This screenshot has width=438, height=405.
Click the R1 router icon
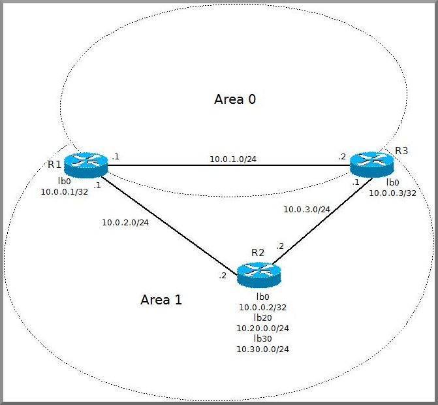(85, 165)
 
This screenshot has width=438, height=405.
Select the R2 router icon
(258, 276)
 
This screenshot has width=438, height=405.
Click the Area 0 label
(235, 99)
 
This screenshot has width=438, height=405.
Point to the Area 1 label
(161, 300)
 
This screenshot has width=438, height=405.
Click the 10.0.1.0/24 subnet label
(232, 159)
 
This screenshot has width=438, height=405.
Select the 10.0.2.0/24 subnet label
(125, 222)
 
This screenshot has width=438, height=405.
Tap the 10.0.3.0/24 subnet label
(306, 210)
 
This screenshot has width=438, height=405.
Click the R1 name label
(54, 164)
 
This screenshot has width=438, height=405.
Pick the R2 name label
(258, 253)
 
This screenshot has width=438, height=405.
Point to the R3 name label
(401, 152)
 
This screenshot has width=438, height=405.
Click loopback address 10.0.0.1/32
(63, 192)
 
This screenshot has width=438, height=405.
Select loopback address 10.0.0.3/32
(392, 193)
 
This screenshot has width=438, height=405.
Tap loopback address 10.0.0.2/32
(262, 307)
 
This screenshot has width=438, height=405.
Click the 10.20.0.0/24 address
(262, 329)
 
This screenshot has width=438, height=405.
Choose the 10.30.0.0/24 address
(262, 349)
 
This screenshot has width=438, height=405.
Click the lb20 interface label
(262, 317)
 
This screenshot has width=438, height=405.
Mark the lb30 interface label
(262, 339)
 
